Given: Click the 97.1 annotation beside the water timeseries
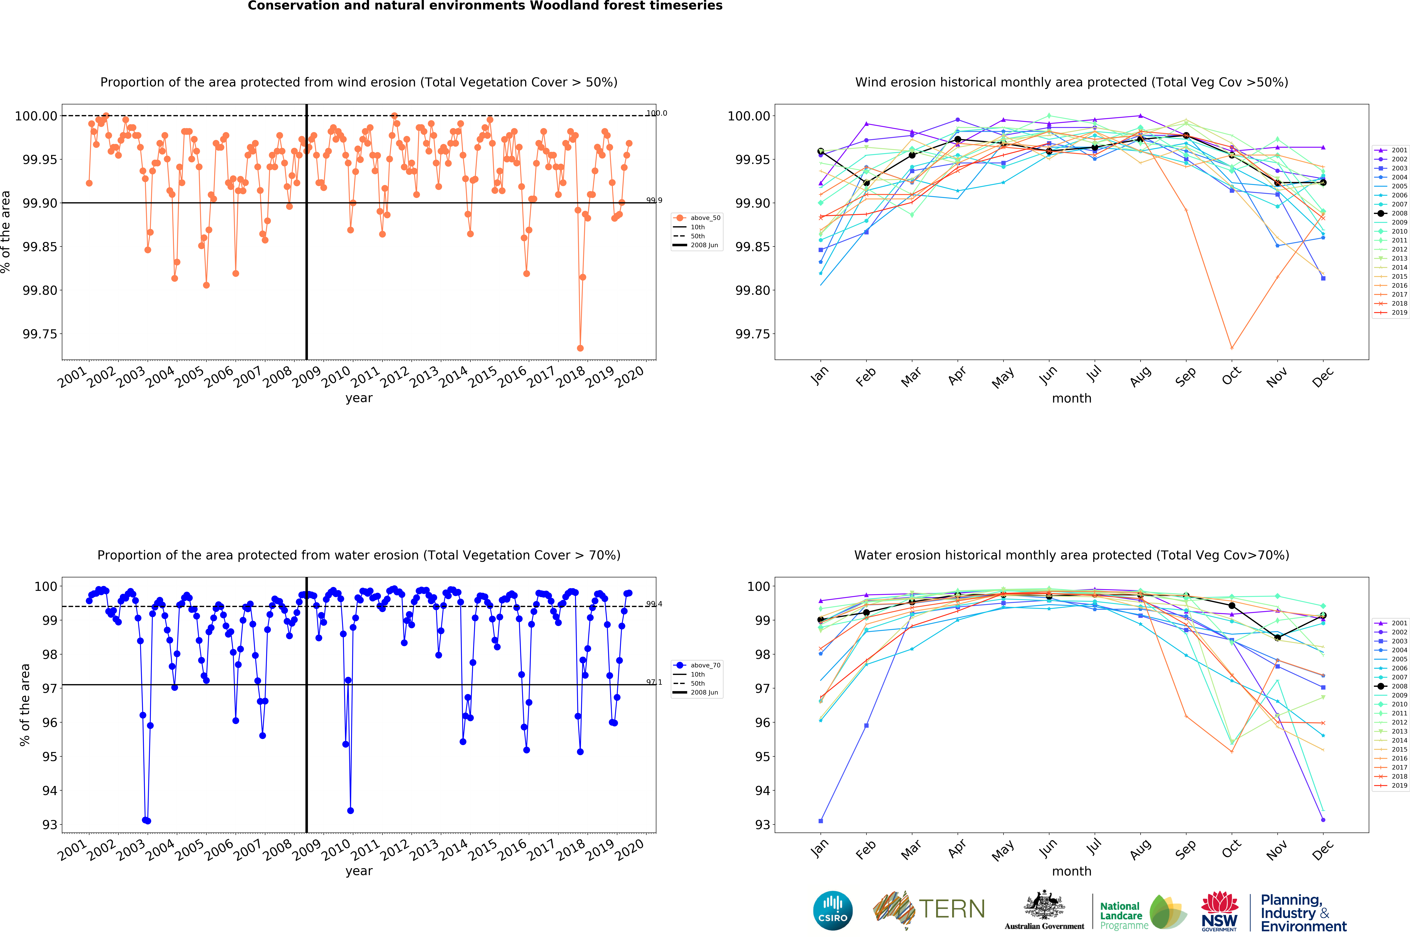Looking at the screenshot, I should point(654,682).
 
